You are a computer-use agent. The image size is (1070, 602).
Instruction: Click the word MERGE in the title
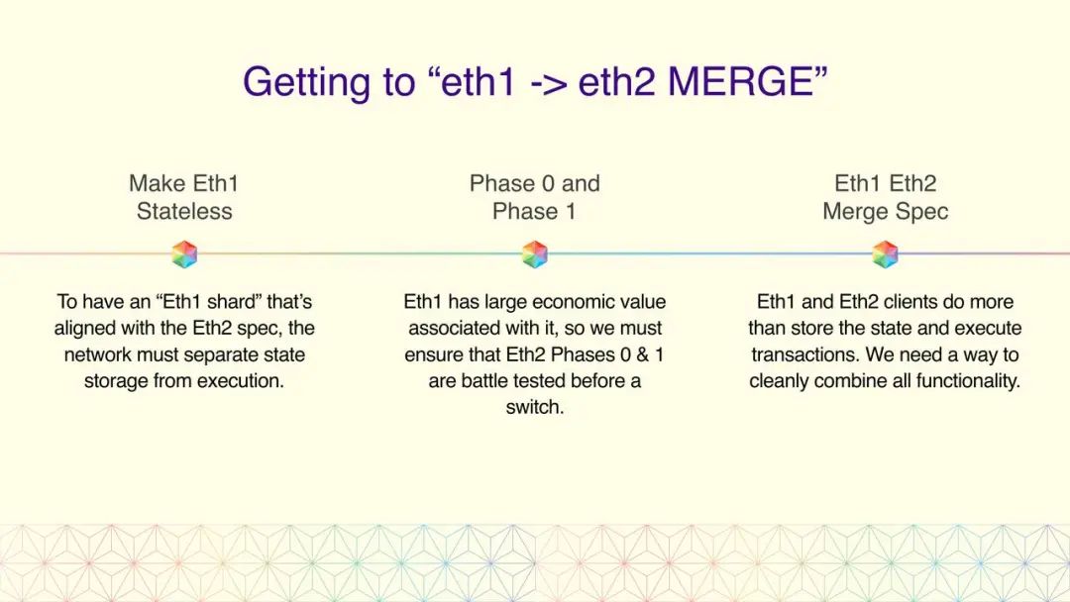click(740, 82)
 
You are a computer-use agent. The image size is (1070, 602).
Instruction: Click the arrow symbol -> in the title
click(549, 83)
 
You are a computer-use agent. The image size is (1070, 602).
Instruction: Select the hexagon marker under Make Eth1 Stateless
click(184, 254)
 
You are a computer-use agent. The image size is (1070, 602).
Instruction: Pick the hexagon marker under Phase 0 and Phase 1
click(534, 254)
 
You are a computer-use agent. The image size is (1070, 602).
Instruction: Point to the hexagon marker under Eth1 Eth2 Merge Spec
click(885, 254)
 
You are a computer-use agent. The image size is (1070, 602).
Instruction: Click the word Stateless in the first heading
click(184, 211)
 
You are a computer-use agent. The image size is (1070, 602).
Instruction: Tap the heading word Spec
click(922, 212)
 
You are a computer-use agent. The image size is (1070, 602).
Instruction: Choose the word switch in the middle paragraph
click(534, 407)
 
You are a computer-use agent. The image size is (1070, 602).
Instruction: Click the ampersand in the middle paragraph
click(642, 354)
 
